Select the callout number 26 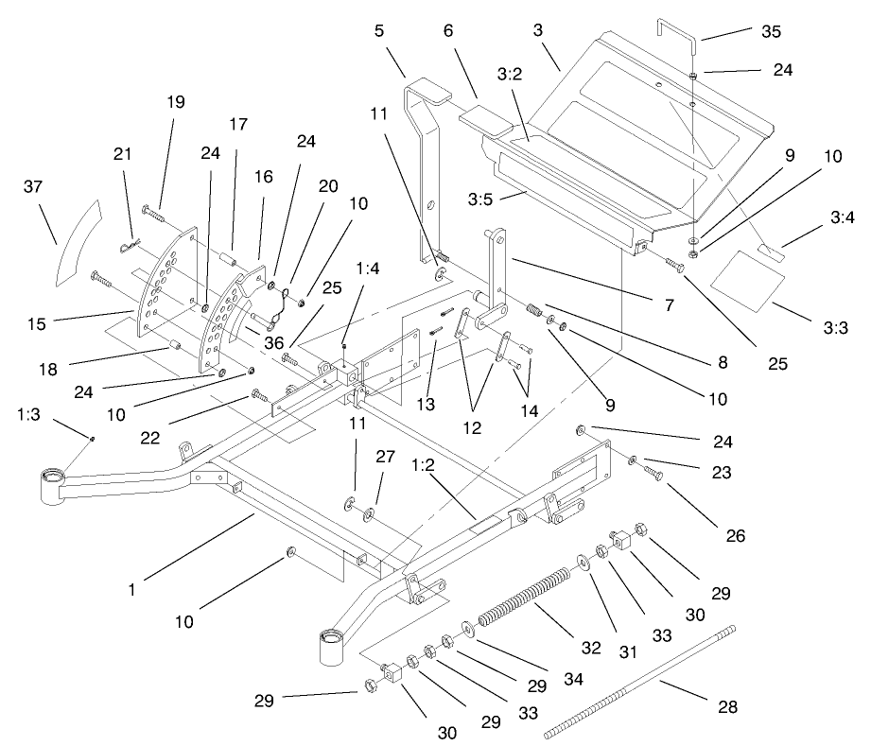click(x=735, y=536)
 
